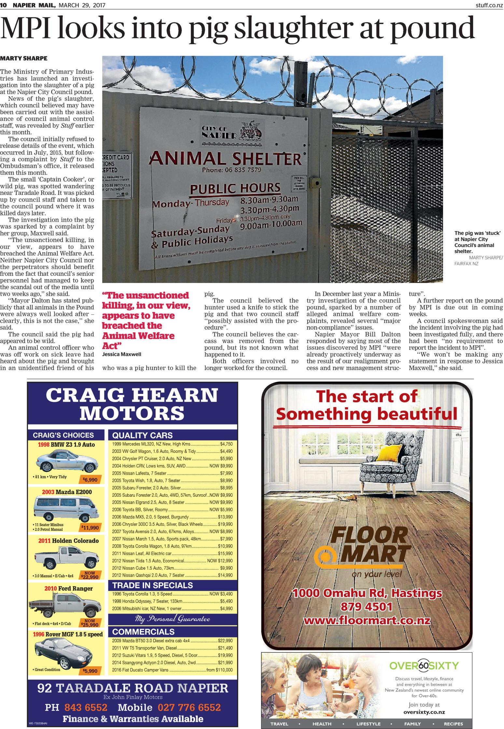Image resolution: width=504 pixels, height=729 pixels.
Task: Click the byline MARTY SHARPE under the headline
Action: pos(24,59)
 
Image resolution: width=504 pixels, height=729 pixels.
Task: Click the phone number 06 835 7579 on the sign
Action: pos(231,169)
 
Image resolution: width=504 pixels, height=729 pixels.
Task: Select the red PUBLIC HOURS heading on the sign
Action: pos(235,188)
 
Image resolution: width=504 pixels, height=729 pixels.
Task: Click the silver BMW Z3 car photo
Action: pos(65,462)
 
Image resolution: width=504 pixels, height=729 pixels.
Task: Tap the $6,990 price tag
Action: pos(90,479)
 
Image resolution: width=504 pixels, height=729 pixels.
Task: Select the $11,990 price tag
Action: pos(90,528)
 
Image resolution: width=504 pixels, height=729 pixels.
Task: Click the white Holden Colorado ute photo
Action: pos(66,557)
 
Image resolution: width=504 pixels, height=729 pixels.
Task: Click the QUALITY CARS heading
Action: pos(142,435)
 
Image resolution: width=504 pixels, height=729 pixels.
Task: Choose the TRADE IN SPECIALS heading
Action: pos(152,585)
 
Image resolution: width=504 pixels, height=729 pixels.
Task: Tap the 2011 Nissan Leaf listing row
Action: pos(172,553)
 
